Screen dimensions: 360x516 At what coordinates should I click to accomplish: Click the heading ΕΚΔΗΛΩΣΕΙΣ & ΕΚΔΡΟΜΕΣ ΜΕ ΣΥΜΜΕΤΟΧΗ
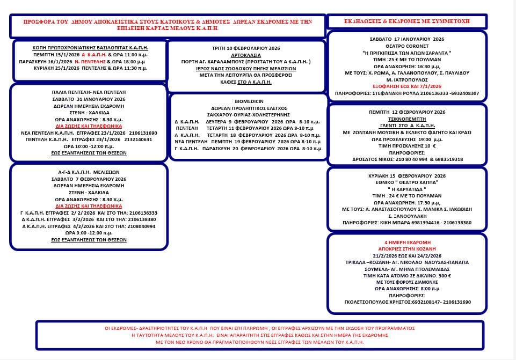pyautogui.click(x=406, y=21)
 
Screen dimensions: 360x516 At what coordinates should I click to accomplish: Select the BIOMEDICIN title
pyautogui.click(x=248, y=101)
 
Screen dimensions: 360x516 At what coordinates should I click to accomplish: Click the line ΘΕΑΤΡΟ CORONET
pyautogui.click(x=406, y=46)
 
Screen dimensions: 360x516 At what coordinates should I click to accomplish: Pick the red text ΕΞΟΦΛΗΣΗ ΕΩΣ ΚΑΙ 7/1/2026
pyautogui.click(x=406, y=86)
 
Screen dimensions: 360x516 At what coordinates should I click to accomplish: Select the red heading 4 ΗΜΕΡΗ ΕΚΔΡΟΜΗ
pyautogui.click(x=406, y=243)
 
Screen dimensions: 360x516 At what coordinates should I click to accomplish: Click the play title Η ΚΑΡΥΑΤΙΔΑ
pyautogui.click(x=406, y=189)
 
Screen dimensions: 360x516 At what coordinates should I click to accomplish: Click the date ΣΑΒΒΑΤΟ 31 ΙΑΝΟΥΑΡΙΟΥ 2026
pyautogui.click(x=89, y=99)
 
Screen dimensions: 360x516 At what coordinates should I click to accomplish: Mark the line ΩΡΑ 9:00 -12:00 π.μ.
pyautogui.click(x=89, y=233)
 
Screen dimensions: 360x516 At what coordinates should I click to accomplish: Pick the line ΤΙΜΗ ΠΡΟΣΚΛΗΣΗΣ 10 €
pyautogui.click(x=406, y=146)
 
